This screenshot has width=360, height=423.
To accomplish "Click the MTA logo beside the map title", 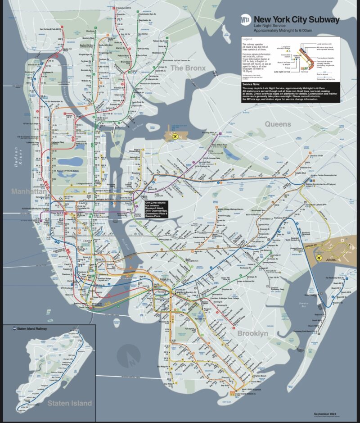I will [246, 20].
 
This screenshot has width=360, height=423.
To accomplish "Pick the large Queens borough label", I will [278, 124].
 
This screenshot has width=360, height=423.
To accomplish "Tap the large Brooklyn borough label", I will [252, 333].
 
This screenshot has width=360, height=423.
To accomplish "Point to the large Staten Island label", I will [70, 403].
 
